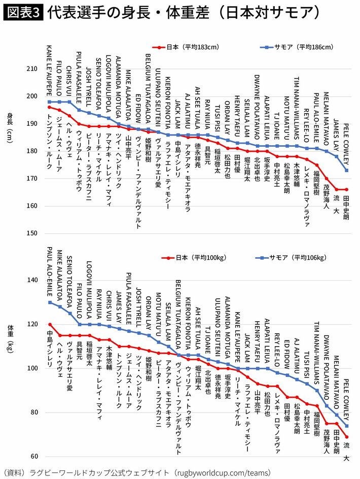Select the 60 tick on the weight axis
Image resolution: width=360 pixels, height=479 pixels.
click(33, 457)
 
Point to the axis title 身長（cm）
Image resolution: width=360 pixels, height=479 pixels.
click(10, 128)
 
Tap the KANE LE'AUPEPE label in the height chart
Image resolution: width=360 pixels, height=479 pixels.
click(49, 70)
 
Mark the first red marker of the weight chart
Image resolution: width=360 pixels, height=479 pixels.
click(50, 324)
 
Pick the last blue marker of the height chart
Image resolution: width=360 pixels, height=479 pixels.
click(346, 170)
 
